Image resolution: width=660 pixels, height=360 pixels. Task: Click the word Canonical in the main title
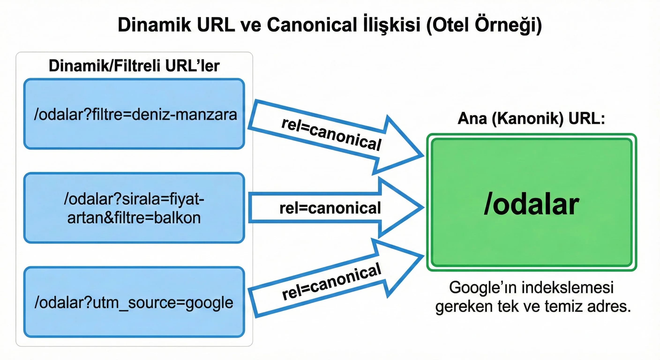312,25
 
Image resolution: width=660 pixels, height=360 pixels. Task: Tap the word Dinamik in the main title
154,25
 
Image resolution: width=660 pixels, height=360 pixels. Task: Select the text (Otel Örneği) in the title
484,25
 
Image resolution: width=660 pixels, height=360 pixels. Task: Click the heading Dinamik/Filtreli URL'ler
134,66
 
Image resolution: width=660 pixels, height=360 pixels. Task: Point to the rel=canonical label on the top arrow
331,134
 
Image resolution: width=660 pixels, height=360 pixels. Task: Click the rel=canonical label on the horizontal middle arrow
330,208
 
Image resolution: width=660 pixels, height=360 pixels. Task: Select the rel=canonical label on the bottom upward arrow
331,281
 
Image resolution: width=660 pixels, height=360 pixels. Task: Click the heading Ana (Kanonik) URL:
531,119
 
